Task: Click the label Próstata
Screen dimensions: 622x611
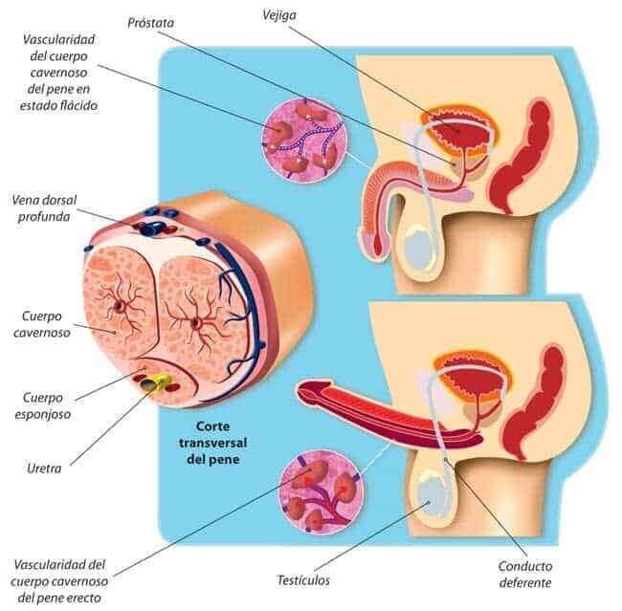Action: pyautogui.click(x=151, y=23)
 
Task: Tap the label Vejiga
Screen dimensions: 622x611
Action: pyautogui.click(x=278, y=15)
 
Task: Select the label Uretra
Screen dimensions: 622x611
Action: pyautogui.click(x=44, y=469)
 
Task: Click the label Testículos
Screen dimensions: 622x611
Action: pyautogui.click(x=303, y=580)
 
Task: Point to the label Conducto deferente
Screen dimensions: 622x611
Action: pyautogui.click(x=525, y=574)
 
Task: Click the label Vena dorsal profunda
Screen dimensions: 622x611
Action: pyautogui.click(x=44, y=208)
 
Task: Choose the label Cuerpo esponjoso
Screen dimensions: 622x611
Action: pyautogui.click(x=43, y=405)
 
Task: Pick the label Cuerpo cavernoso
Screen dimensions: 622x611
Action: pyautogui.click(x=42, y=324)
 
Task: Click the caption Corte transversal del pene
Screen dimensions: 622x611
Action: pyautogui.click(x=213, y=443)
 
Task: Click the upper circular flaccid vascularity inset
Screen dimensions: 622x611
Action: pyautogui.click(x=304, y=140)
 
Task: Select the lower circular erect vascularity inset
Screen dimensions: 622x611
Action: pyautogui.click(x=321, y=492)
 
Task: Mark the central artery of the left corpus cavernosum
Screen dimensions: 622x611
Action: pyautogui.click(x=119, y=305)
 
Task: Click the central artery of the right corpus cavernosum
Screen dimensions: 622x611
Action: pyautogui.click(x=195, y=324)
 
